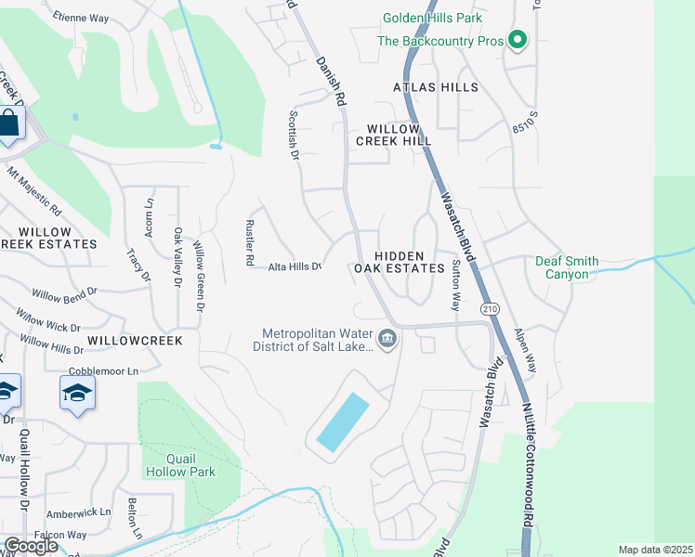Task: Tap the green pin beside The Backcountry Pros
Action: pos(518,41)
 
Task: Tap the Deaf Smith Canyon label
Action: pos(567,268)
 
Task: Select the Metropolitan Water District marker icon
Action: pos(388,340)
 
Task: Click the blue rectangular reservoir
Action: pos(342,422)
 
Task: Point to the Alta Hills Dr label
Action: pos(295,266)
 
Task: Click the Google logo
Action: pos(30,545)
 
